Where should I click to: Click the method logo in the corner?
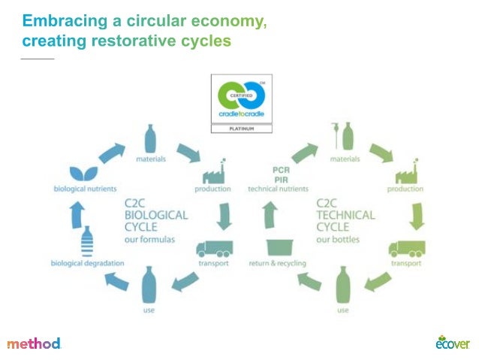[34, 343]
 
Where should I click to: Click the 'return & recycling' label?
[278, 264]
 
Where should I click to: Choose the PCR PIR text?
[279, 174]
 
